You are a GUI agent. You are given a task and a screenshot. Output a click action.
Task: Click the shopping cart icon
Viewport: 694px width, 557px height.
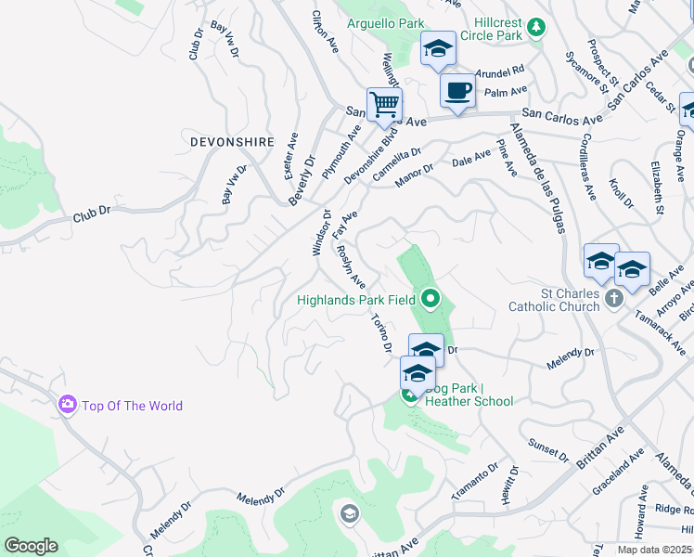pos(384,103)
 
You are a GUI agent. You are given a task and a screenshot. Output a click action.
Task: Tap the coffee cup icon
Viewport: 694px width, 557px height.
pos(457,91)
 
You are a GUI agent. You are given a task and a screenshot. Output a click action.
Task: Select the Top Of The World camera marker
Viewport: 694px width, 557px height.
pos(67,405)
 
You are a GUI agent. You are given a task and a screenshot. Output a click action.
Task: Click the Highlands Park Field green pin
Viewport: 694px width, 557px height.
pos(430,299)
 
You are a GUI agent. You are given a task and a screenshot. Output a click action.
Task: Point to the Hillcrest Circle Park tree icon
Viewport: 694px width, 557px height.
pos(535,29)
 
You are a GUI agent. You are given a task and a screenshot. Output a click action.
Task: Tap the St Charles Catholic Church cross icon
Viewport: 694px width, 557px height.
pos(611,299)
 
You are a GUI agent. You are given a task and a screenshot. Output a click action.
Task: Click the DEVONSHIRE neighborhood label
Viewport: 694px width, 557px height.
pos(232,142)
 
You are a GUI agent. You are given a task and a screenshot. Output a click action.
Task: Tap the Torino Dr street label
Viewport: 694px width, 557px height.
pos(381,334)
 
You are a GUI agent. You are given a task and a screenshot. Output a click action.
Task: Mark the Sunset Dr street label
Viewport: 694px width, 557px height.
pos(547,452)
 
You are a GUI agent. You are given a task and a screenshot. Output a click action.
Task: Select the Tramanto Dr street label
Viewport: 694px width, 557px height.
pos(475,481)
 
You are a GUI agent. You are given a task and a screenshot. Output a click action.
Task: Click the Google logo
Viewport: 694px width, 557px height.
pos(31,546)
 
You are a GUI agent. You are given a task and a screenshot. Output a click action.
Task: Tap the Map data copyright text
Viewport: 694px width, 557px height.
pos(654,550)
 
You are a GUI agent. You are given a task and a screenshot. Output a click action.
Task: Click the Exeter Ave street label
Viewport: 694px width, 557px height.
pos(291,156)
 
